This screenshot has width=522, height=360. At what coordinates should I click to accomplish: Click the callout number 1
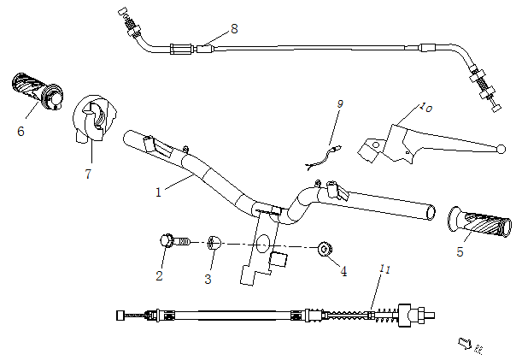pos(159,192)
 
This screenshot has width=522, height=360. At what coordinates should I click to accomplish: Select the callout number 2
pos(159,275)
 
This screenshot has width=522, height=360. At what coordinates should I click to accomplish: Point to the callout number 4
pos(343,272)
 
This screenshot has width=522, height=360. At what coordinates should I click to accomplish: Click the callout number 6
pos(21,132)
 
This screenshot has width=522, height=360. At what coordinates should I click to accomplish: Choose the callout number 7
pos(87,174)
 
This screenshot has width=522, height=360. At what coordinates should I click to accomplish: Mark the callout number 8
pos(234,29)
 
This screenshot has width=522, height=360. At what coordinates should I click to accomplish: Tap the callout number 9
pos(339,103)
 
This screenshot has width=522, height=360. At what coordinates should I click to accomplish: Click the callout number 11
pos(385,269)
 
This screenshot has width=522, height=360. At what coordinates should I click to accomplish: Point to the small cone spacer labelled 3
pos(214,243)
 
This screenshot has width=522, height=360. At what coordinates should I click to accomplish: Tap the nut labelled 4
pos(325,249)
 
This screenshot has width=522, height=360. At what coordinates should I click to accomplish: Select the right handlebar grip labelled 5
pos(476,222)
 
